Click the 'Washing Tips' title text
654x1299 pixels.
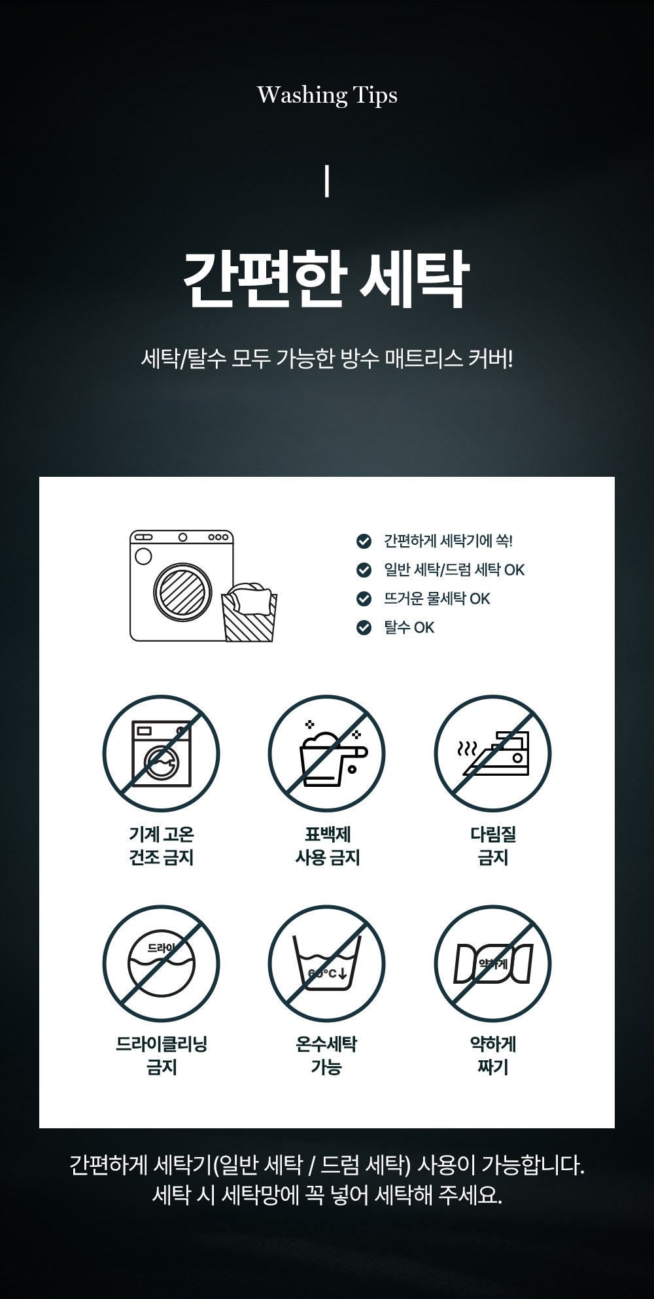coord(327,95)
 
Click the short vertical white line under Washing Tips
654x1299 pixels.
coord(326,182)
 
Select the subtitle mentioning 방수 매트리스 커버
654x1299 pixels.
coord(327,358)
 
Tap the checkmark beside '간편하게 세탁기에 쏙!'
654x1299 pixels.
coord(364,541)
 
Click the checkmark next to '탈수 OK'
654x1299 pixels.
coord(364,627)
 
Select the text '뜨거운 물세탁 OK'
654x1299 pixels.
coord(437,598)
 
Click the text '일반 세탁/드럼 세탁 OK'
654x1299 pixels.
coord(454,570)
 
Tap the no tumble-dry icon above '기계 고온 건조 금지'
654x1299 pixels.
coord(161,754)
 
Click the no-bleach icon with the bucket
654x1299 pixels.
coord(327,754)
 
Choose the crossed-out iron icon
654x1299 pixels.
coord(493,754)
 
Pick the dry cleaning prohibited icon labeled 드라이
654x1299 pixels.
coord(161,964)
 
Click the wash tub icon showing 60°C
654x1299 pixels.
coord(327,964)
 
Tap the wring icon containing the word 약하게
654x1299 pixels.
coord(493,964)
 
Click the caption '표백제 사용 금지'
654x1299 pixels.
coord(327,846)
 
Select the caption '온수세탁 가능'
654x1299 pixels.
coord(326,1056)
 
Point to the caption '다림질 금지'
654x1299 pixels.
coord(493,846)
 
